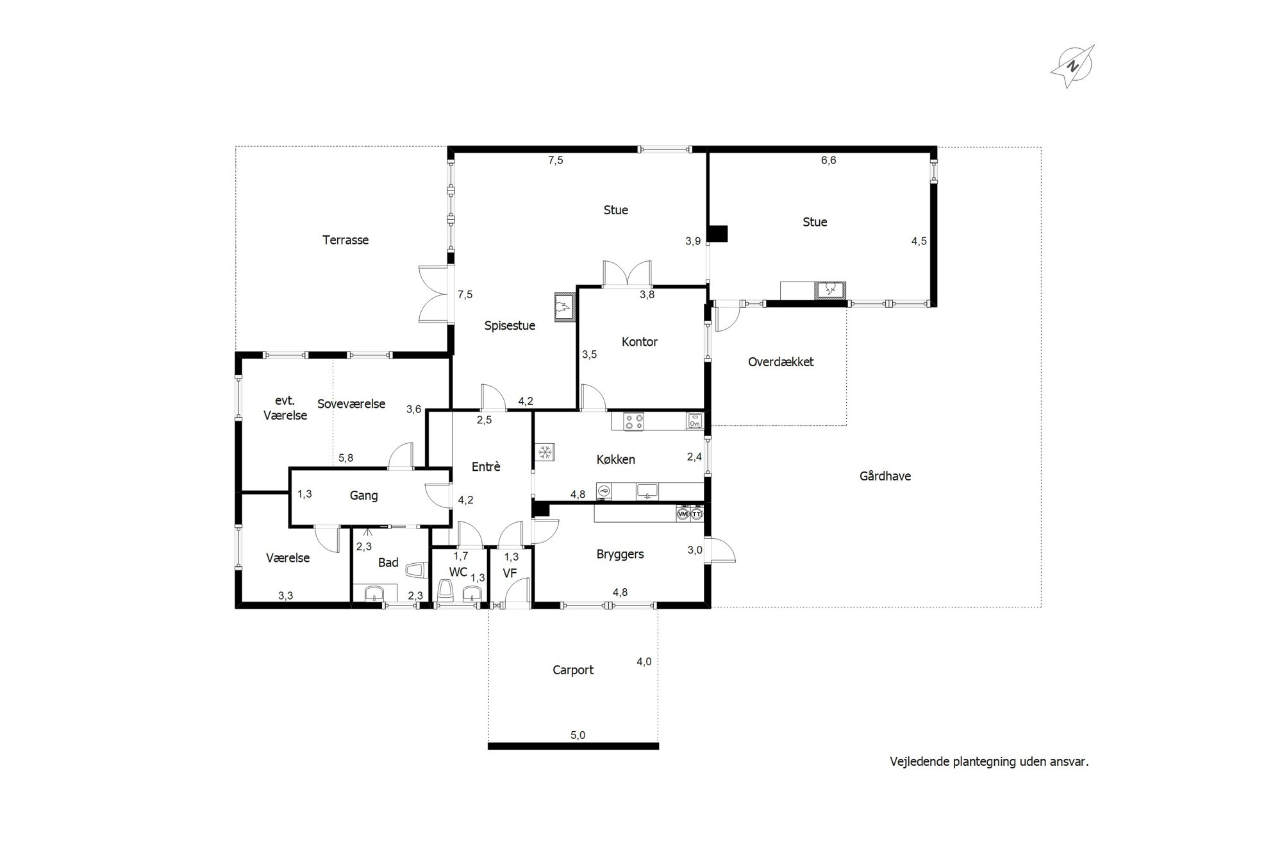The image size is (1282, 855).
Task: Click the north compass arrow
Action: click(1072, 66)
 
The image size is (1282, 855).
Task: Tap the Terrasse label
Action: click(345, 240)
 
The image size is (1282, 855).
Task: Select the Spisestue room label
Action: click(510, 326)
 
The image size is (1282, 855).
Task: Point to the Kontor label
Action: click(640, 342)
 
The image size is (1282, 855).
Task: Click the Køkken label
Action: click(616, 459)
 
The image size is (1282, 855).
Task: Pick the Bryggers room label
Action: click(620, 554)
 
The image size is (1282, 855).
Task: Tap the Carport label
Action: click(573, 670)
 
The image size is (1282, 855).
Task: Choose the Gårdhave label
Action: click(885, 476)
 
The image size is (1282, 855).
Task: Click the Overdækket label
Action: click(781, 362)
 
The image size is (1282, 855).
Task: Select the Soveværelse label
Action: click(351, 404)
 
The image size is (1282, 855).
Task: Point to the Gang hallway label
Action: click(363, 496)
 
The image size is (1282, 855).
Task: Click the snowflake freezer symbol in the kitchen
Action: click(545, 452)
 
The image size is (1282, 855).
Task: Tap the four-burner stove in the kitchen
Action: click(635, 421)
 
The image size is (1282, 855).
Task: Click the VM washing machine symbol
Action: click(683, 514)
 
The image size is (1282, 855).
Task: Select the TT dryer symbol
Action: click(697, 514)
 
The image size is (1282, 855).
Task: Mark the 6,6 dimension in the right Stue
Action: click(829, 160)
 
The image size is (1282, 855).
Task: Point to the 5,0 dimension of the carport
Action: click(578, 736)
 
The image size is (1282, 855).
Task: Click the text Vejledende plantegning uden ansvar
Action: click(989, 762)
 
